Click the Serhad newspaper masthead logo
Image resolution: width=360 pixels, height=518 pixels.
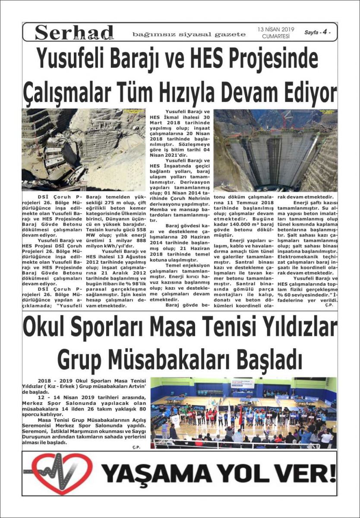(x=74, y=32)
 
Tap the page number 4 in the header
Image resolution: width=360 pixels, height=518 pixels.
(x=323, y=32)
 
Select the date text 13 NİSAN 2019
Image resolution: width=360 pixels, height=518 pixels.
(x=276, y=29)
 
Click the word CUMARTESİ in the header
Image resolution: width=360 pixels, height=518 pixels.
(x=276, y=37)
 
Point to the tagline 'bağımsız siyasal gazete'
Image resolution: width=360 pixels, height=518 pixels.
(x=189, y=34)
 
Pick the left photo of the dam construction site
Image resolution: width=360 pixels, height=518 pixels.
(x=83, y=149)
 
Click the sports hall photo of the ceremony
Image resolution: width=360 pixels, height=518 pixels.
(x=243, y=413)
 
